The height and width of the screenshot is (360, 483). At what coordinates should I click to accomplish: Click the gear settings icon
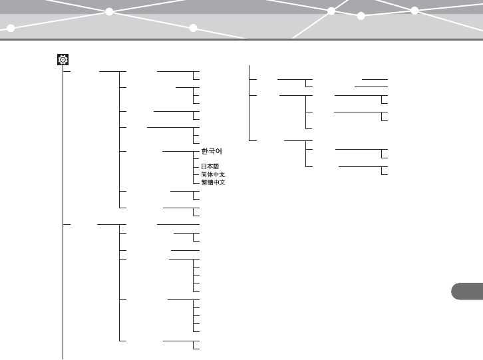pyautogui.click(x=63, y=60)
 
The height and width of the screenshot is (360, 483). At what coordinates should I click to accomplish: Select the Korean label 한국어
pyautogui.click(x=214, y=152)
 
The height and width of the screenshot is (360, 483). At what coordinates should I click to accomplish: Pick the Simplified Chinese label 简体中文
pyautogui.click(x=214, y=174)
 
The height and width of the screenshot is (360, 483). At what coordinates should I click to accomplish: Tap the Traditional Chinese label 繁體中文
pyautogui.click(x=214, y=182)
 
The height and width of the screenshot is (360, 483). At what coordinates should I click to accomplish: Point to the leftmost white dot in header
pyautogui.click(x=11, y=28)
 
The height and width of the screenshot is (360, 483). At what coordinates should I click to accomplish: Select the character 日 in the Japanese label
pyautogui.click(x=204, y=166)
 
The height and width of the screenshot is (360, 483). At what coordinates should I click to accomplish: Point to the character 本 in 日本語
pyautogui.click(x=210, y=166)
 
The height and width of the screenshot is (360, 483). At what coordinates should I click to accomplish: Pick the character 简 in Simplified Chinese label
pyautogui.click(x=204, y=174)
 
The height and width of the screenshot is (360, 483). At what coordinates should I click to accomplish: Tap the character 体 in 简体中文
pyautogui.click(x=210, y=174)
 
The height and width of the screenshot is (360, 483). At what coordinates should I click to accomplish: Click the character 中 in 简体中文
pyautogui.click(x=216, y=174)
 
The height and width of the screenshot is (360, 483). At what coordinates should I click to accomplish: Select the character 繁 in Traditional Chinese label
pyautogui.click(x=204, y=182)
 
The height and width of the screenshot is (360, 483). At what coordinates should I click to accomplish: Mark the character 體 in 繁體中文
pyautogui.click(x=210, y=182)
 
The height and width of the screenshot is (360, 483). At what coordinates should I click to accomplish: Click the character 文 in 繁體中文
pyautogui.click(x=223, y=182)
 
